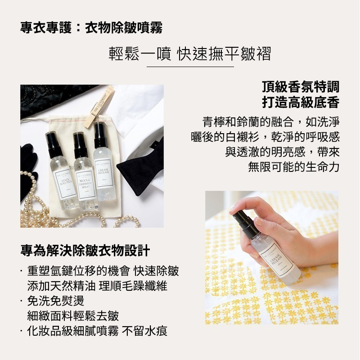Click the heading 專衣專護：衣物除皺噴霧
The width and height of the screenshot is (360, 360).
[91, 28]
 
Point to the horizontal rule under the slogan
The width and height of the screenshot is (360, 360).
[190, 67]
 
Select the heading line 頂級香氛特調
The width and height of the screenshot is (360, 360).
[301, 86]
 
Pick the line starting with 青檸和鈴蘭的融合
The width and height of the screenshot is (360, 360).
[271, 121]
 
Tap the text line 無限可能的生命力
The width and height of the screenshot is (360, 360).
[293, 166]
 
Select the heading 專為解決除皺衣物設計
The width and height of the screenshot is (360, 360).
[85, 250]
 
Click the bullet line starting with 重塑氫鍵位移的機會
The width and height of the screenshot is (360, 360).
[103, 271]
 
